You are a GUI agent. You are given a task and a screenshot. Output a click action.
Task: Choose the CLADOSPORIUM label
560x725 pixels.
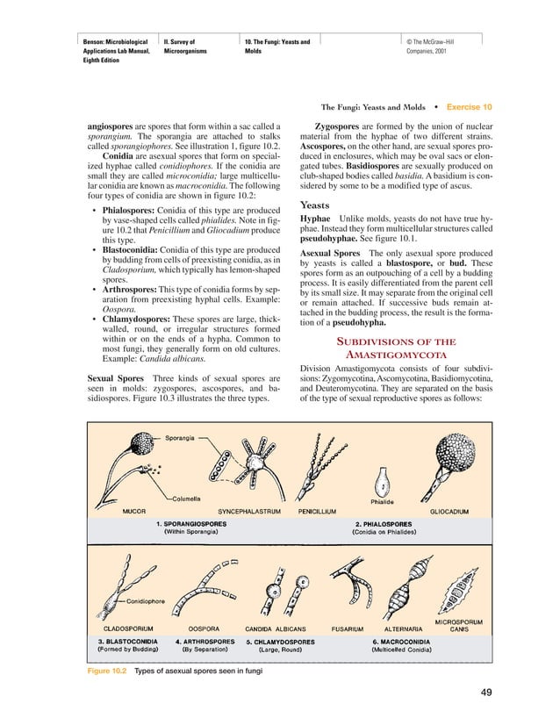(131, 628)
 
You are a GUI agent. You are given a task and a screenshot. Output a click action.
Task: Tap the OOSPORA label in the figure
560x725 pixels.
(204, 628)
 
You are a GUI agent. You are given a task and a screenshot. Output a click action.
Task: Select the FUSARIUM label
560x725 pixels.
(347, 628)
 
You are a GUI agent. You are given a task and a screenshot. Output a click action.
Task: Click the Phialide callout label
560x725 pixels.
(382, 502)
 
